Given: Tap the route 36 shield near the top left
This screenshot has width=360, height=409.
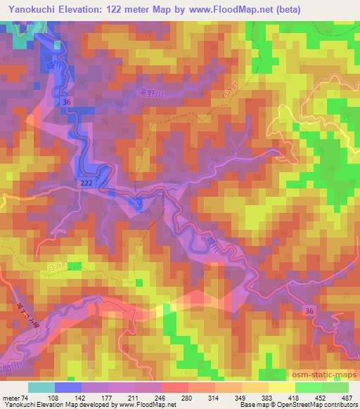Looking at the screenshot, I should [67, 102].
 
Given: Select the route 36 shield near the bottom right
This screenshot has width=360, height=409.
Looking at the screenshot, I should [309, 310].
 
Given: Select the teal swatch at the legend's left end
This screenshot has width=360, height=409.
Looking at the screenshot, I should [41, 387].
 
